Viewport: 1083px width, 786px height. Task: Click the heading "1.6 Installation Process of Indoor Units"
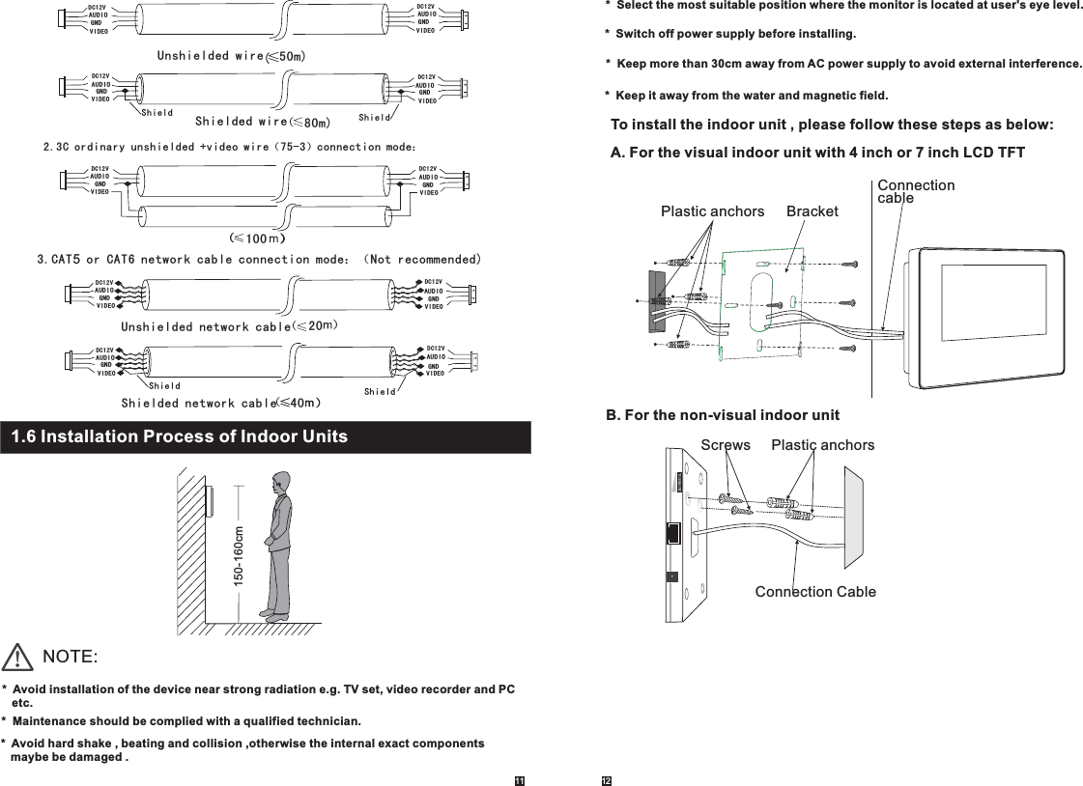[x=180, y=436]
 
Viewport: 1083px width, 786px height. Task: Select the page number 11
[x=519, y=779]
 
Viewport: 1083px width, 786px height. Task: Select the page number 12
[x=608, y=779]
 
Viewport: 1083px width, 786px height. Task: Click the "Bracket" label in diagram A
[x=812, y=211]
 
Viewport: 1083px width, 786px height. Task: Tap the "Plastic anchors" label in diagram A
[x=712, y=211]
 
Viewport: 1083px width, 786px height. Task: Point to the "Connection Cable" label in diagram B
[x=815, y=592]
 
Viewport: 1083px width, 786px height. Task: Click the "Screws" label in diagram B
[x=726, y=445]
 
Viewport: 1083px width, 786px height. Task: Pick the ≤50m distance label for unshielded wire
[x=287, y=56]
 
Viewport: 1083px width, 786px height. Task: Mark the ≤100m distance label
[x=256, y=237]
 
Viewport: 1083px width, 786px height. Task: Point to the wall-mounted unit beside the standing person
[x=209, y=501]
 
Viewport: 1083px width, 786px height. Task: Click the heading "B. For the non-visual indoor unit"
[x=722, y=415]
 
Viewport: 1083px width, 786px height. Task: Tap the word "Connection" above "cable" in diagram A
[x=915, y=185]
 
